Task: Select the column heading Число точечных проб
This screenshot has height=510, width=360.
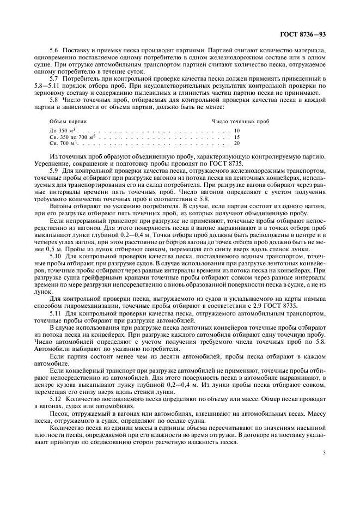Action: pos(240,120)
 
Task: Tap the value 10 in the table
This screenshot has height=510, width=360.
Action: pos(236,131)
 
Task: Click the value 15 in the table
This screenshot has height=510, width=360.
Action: pos(236,137)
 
